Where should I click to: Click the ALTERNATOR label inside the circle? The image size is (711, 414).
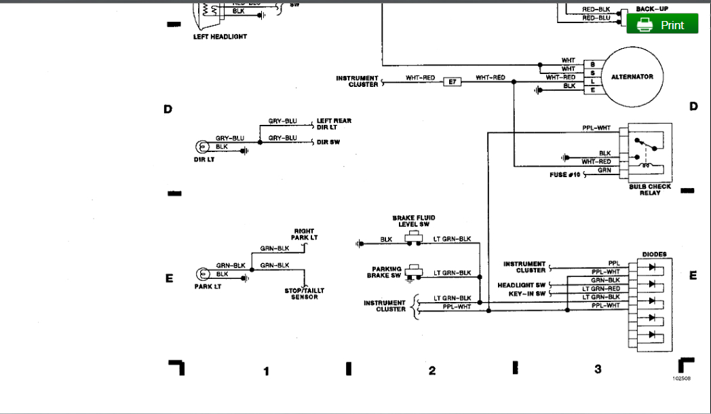[x=632, y=77]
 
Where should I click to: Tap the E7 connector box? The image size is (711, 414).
[x=453, y=81]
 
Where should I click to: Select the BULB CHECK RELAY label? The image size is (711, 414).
[x=649, y=189]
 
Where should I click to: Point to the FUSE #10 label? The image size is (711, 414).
[x=564, y=175]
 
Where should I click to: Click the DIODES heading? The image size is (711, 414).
[x=654, y=255]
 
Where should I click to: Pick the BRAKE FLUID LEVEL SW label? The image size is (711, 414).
[x=414, y=221]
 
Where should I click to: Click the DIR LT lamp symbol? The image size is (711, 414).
[x=202, y=147]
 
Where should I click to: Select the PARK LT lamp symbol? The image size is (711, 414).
[x=202, y=274]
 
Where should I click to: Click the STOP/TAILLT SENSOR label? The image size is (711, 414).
[x=305, y=294]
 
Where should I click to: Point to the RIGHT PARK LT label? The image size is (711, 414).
[x=305, y=234]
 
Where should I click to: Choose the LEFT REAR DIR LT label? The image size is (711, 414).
[x=334, y=124]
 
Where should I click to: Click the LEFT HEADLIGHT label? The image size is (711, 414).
[x=220, y=37]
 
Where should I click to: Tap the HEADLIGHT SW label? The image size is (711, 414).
[x=521, y=285]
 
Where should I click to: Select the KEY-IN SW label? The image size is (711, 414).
[x=527, y=294]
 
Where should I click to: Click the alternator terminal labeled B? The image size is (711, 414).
[x=592, y=64]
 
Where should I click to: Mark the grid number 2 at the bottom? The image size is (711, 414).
[x=431, y=371]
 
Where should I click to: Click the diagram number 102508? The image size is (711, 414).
[x=681, y=379]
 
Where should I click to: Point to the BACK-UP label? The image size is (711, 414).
[x=652, y=9]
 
